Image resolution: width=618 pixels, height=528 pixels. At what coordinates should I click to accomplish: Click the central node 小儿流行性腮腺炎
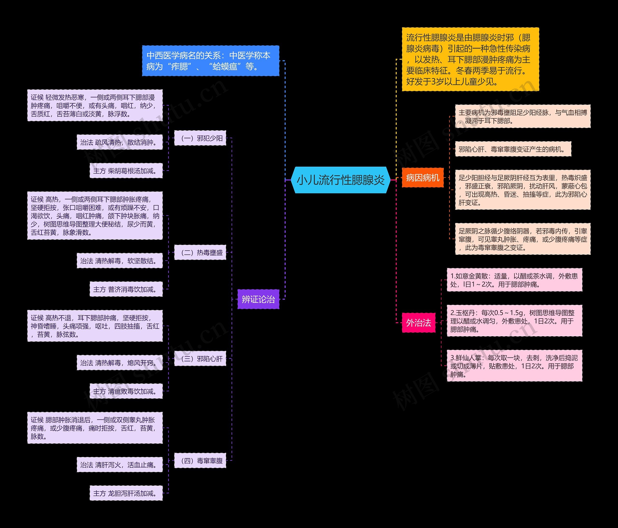[341, 180]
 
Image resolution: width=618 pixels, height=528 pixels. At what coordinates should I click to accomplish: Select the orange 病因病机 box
[423, 178]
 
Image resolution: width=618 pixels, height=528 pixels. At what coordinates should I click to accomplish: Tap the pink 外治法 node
[418, 323]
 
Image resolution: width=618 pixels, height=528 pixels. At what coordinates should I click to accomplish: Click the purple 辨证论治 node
[258, 299]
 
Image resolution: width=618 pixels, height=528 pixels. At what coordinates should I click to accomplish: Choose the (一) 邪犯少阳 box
[200, 138]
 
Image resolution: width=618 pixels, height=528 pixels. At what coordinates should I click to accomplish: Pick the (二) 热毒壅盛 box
[200, 252]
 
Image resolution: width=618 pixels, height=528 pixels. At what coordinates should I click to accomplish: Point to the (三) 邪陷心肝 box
[200, 359]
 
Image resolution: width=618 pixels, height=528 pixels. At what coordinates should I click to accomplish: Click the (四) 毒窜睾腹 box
[200, 461]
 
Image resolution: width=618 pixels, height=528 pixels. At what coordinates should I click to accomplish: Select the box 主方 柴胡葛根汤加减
[126, 171]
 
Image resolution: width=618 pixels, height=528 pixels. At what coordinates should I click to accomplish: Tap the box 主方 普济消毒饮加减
[126, 289]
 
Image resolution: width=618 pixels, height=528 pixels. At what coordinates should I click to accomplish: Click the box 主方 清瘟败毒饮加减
[126, 391]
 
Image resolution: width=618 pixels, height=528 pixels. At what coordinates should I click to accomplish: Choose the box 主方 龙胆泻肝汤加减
[126, 493]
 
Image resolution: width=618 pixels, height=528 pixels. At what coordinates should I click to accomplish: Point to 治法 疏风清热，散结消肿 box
[119, 142]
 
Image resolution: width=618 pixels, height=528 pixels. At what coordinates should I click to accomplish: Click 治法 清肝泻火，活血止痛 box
[119, 465]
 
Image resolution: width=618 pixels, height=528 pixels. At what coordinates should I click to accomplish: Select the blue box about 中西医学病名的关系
[211, 61]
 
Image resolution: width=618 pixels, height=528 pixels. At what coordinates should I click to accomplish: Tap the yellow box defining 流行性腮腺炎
[470, 59]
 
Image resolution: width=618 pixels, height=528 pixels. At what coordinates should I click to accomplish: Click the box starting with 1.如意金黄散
[514, 280]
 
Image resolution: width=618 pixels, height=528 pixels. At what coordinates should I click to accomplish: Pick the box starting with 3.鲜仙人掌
[514, 366]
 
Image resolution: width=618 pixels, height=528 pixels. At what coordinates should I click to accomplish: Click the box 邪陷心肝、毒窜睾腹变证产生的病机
[513, 149]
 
